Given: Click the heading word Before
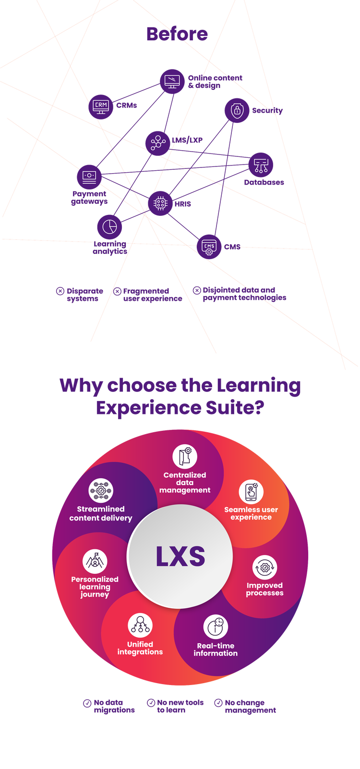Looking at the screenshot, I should click(x=177, y=34).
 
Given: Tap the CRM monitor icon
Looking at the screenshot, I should click(x=100, y=105).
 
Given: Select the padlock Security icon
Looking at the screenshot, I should click(x=237, y=110).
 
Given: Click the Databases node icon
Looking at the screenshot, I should click(x=261, y=165).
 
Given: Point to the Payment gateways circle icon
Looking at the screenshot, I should click(x=89, y=176).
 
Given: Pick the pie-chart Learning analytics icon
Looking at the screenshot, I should click(x=109, y=226).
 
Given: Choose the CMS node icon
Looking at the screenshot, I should click(x=209, y=247).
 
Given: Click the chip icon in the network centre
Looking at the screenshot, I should click(x=160, y=203).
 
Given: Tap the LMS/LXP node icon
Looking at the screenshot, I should click(x=157, y=142).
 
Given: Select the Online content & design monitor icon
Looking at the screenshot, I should click(x=172, y=81).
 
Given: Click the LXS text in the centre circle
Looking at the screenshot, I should click(x=180, y=556).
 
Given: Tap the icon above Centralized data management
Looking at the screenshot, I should click(x=185, y=456).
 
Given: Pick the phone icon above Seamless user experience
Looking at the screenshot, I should click(x=251, y=492).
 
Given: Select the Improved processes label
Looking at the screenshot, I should click(x=264, y=589).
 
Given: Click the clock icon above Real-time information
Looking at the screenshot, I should click(x=216, y=626).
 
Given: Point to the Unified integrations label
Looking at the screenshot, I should click(x=140, y=648).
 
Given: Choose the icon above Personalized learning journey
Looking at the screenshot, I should click(x=95, y=561).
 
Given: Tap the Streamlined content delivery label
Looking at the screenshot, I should click(x=101, y=513).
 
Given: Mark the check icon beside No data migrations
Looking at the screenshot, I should click(x=87, y=703).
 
